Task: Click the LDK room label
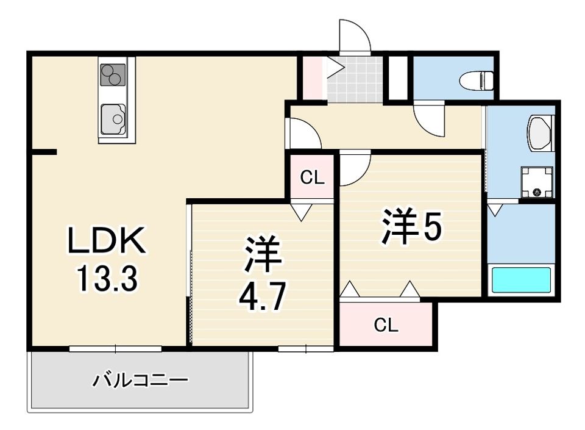click(106, 240)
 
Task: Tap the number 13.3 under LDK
click(107, 279)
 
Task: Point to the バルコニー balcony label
click(140, 381)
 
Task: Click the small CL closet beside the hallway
click(312, 177)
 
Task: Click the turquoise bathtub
click(522, 280)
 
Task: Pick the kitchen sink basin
click(113, 120)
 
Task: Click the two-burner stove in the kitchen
click(113, 76)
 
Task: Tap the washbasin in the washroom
click(539, 133)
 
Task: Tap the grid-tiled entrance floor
click(355, 79)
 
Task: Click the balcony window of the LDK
click(116, 349)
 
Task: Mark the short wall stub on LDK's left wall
click(44, 152)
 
